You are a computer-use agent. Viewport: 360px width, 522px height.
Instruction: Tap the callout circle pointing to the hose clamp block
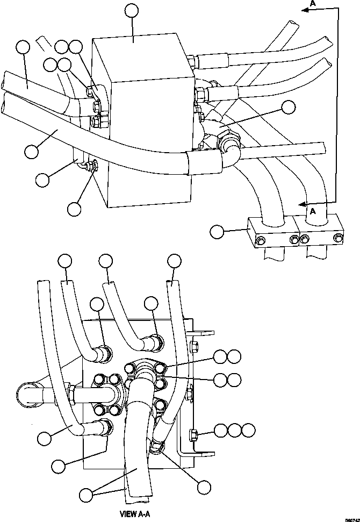click(x=217, y=232)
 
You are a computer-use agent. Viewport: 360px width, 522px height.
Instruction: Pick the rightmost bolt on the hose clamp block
click(x=339, y=238)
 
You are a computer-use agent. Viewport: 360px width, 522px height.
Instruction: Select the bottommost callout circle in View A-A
click(x=203, y=487)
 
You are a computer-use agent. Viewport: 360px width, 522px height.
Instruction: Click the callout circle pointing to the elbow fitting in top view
click(x=289, y=108)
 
